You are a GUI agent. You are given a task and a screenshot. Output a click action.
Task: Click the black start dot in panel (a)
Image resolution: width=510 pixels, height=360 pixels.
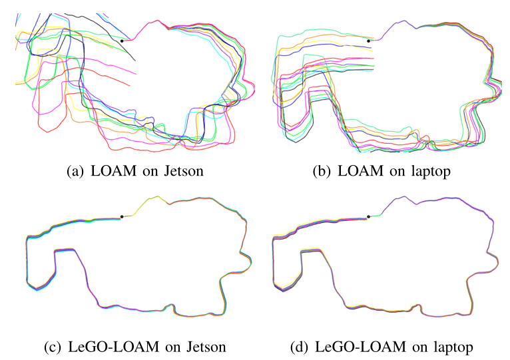122,41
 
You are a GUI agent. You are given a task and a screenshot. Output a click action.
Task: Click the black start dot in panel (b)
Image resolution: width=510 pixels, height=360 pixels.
369,41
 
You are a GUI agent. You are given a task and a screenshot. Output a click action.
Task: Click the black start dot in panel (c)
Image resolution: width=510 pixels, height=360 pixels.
122,216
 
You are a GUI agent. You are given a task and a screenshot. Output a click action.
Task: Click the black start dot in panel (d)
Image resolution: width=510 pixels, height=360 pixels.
369,216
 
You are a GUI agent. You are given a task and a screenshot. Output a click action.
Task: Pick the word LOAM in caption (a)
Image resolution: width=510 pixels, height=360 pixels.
112,171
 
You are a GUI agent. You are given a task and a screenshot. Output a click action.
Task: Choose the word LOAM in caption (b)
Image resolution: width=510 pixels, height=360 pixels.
358,171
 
